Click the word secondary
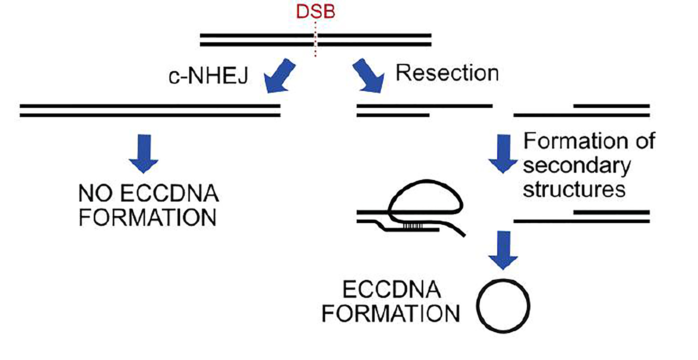[x=577, y=165]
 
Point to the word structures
[x=574, y=190]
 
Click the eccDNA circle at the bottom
[x=503, y=306]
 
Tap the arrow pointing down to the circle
[x=503, y=249]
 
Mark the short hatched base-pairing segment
[x=413, y=226]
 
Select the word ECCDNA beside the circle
[x=391, y=290]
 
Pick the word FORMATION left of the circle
[x=390, y=314]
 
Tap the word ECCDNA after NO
[x=169, y=194]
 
